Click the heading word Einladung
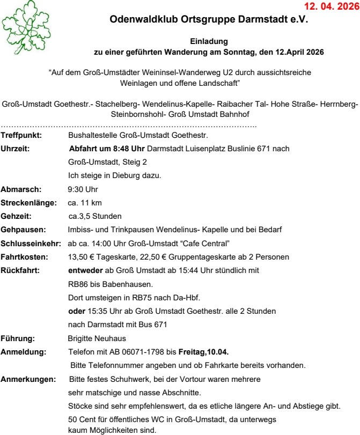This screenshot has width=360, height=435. point(209,41)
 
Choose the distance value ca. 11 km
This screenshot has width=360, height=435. point(85,203)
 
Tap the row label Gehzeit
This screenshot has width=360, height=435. point(17,217)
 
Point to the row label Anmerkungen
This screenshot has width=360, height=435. point(28,379)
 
